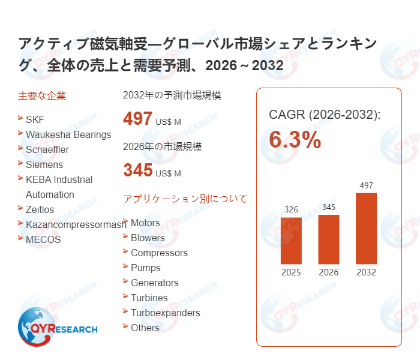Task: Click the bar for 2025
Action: (x=291, y=240)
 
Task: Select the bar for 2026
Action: (x=329, y=239)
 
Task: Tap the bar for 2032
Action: (x=366, y=228)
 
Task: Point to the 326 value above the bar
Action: (x=291, y=209)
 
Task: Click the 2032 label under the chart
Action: (x=366, y=272)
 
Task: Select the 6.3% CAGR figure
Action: (x=295, y=140)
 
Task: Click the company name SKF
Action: (x=35, y=119)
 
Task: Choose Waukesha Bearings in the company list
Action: (x=68, y=134)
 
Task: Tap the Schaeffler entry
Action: (x=47, y=149)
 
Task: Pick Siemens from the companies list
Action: (x=44, y=164)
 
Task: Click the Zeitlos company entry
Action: (x=40, y=209)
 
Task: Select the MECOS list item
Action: (x=43, y=239)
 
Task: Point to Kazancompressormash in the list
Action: (x=76, y=224)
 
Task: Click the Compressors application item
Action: (x=159, y=253)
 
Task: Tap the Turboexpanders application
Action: (x=166, y=313)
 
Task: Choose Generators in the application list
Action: (x=155, y=283)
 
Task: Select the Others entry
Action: (x=145, y=328)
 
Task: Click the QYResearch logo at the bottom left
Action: (x=57, y=329)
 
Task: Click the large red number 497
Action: (x=137, y=119)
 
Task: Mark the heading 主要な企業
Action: (x=42, y=96)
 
